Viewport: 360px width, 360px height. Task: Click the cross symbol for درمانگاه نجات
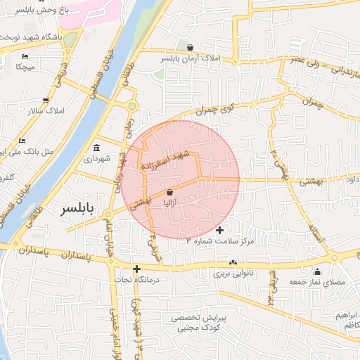point(136,269)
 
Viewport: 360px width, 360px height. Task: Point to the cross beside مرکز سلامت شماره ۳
point(220,230)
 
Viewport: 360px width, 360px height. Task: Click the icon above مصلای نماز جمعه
point(317,272)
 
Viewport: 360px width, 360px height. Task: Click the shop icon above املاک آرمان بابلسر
point(191,48)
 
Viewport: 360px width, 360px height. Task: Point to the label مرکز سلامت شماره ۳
point(217,241)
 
